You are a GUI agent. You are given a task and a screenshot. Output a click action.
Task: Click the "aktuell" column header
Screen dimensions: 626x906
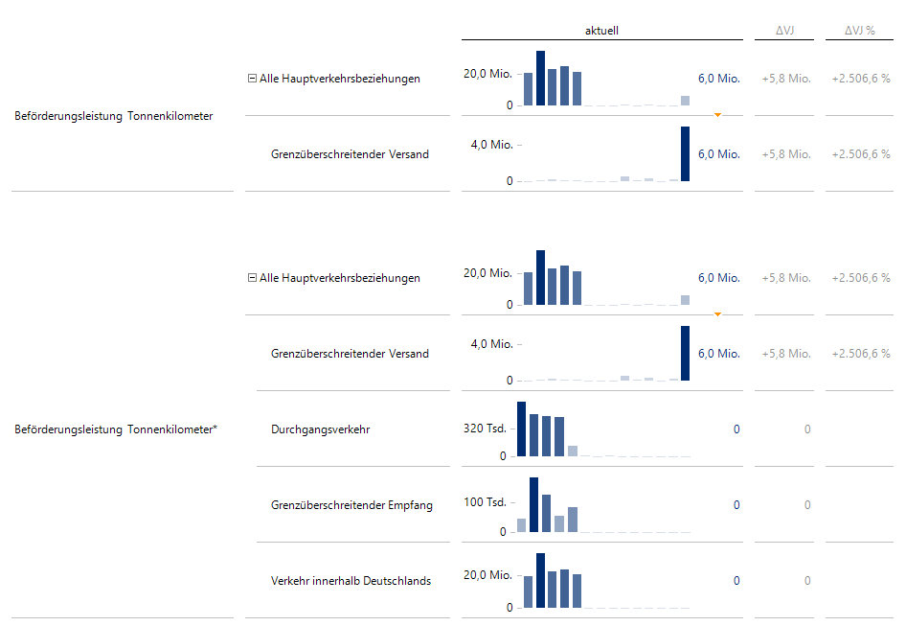click(601, 31)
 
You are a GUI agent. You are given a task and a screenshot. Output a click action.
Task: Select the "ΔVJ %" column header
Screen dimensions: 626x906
click(859, 31)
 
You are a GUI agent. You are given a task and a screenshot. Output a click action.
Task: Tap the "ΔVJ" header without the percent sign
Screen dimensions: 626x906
click(784, 31)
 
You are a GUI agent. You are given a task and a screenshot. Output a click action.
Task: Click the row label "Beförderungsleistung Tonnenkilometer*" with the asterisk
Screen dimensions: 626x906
click(116, 429)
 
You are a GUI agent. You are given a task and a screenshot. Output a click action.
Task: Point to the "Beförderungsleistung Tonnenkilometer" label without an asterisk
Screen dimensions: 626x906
click(114, 116)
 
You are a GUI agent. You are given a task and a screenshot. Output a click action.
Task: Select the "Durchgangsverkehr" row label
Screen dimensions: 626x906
click(320, 429)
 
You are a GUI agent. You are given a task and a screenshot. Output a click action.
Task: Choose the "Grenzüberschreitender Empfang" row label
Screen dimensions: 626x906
click(351, 505)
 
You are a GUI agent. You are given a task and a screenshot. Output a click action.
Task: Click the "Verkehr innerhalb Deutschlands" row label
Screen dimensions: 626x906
click(351, 581)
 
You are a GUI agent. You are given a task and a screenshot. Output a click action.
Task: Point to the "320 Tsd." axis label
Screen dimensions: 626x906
click(485, 429)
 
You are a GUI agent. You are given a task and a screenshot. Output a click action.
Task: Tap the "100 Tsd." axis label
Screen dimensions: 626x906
click(485, 502)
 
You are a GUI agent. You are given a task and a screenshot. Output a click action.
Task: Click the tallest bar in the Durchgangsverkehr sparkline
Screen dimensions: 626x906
click(522, 429)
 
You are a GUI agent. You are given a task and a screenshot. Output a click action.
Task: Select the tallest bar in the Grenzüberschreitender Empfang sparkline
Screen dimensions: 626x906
click(534, 504)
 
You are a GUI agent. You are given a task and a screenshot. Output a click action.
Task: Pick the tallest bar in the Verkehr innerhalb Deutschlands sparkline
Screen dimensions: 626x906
click(541, 580)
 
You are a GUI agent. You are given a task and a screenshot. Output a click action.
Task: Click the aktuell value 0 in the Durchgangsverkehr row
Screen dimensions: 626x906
click(736, 429)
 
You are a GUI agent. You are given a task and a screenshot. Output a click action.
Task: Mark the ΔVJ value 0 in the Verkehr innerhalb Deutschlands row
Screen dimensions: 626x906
click(807, 581)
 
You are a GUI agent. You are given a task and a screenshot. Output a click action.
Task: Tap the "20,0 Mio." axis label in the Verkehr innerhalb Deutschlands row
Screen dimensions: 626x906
click(488, 575)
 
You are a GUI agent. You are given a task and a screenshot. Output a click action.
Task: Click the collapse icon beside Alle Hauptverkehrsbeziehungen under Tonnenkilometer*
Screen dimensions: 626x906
click(252, 278)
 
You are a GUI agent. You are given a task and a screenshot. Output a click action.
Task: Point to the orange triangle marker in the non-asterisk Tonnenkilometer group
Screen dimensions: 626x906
click(717, 114)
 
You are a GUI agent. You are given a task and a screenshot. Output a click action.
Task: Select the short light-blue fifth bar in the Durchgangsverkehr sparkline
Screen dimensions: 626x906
click(573, 451)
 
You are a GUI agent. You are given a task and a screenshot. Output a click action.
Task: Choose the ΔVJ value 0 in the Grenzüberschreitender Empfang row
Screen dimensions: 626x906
click(807, 505)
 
